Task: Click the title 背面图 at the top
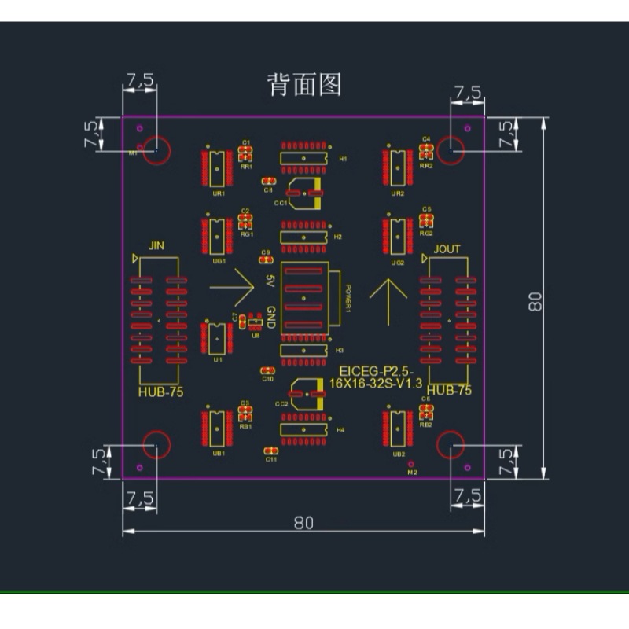click(x=304, y=85)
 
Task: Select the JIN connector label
click(x=157, y=246)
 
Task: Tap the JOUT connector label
click(x=447, y=249)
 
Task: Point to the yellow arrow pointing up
click(x=388, y=300)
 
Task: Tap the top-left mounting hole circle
click(x=157, y=149)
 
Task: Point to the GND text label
click(x=269, y=318)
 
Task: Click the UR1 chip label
click(x=218, y=193)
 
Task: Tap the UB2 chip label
click(x=399, y=454)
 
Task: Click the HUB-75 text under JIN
click(x=160, y=392)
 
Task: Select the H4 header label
click(x=340, y=430)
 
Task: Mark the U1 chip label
click(x=218, y=359)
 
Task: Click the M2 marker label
click(x=411, y=473)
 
